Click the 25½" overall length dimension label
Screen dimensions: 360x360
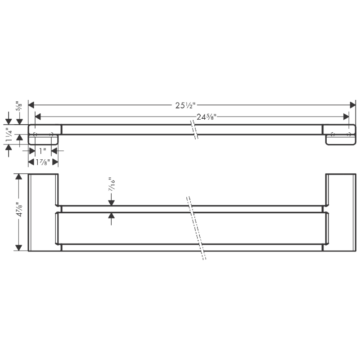(185, 105)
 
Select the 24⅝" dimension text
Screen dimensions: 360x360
(207, 117)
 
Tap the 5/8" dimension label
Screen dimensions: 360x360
(19, 107)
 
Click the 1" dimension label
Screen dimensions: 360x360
(43, 151)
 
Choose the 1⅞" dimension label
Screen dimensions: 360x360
(43, 162)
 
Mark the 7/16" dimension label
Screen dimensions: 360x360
(112, 184)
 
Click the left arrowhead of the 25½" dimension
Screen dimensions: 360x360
(31, 105)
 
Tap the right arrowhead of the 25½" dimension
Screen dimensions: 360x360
(353, 105)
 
